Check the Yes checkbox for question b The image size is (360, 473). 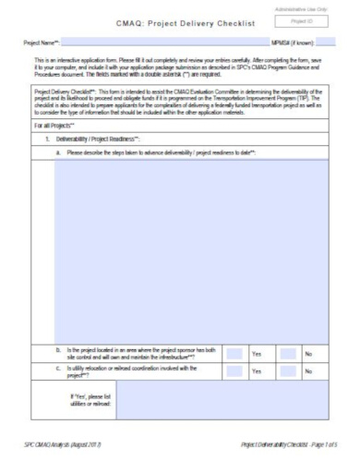tap(235, 353)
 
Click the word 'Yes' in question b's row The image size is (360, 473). tap(258, 353)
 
